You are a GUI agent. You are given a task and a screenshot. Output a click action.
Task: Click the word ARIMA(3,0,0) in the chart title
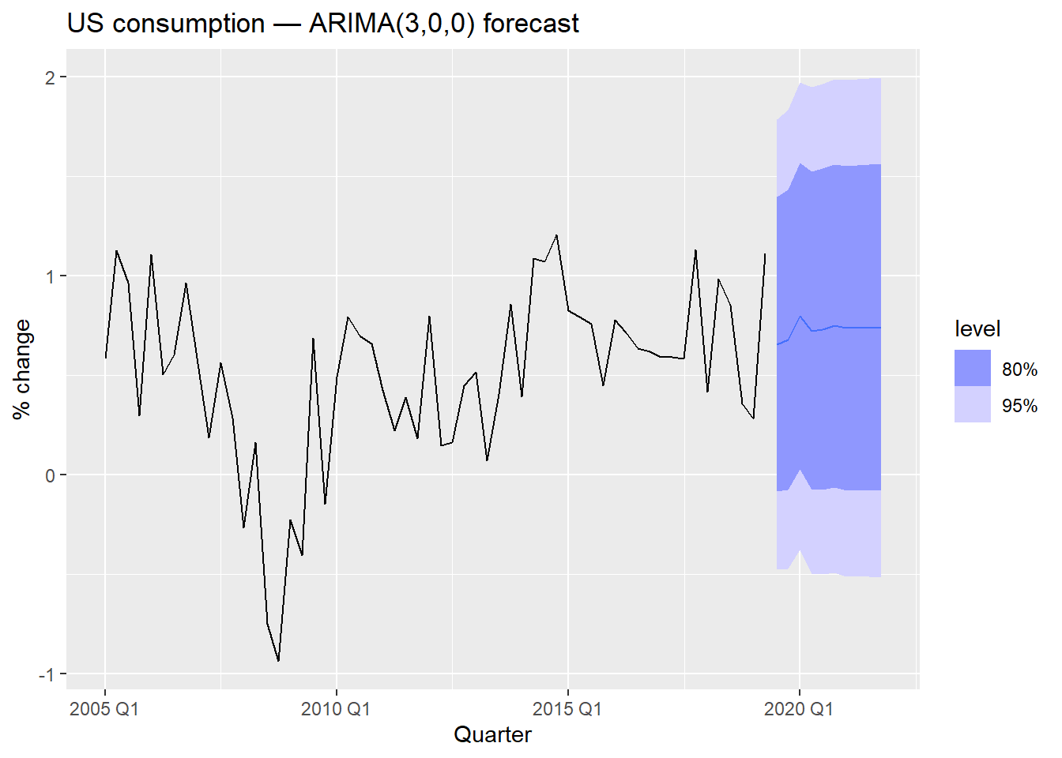[392, 24]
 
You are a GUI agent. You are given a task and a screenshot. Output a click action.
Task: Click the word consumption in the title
[189, 24]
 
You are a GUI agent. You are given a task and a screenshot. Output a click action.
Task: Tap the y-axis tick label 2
[51, 77]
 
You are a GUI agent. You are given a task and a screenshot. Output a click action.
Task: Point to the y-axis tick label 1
[51, 276]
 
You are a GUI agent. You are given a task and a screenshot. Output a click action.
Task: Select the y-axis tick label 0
[51, 475]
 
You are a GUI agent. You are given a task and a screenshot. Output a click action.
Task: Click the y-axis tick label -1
[47, 674]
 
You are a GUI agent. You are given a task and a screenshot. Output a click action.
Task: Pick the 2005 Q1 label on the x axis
[104, 709]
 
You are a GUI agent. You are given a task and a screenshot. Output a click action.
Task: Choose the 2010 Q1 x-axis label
[336, 709]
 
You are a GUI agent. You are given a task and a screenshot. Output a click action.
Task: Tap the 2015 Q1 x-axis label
[567, 709]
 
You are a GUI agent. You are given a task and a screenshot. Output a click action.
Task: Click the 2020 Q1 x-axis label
[799, 709]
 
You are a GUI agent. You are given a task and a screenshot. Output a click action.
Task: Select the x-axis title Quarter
[492, 735]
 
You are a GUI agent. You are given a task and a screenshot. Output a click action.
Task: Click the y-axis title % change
[22, 369]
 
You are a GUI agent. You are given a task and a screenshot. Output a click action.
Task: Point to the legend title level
[977, 329]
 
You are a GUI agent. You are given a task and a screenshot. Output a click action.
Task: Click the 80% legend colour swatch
[973, 369]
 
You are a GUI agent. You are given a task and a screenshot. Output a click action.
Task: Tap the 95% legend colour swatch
[973, 405]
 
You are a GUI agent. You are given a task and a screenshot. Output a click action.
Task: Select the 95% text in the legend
[1019, 406]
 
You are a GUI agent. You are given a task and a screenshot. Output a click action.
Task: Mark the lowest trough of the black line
[278, 661]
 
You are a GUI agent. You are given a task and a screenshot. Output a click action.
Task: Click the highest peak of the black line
[556, 235]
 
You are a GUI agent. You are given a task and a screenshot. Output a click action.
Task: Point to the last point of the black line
[765, 254]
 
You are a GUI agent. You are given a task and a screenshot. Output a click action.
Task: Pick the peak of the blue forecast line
[800, 316]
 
